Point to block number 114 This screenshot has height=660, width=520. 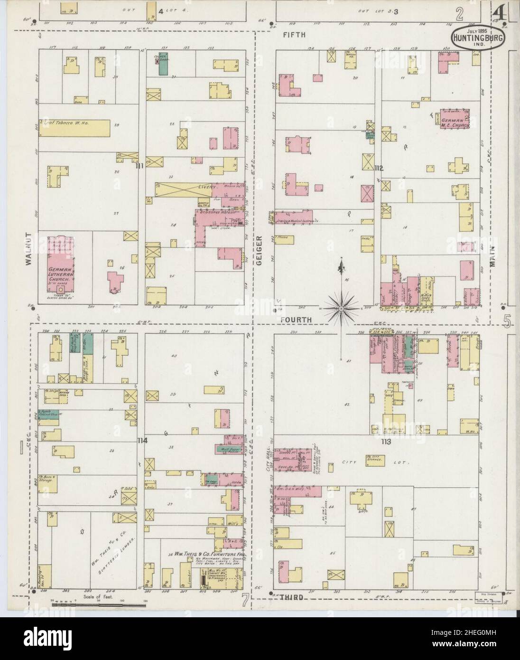142,441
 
